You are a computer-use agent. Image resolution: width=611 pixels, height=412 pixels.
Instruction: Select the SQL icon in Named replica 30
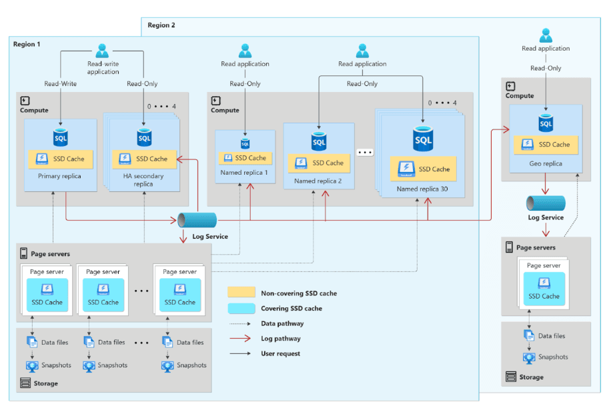[423, 140]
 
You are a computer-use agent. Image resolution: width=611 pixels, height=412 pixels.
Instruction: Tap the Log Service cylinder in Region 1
[197, 220]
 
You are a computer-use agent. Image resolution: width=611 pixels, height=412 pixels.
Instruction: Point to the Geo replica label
[546, 163]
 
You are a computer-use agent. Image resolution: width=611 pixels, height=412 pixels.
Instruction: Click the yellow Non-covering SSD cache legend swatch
[241, 292]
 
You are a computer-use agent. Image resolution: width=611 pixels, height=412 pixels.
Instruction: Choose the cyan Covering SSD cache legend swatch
[241, 309]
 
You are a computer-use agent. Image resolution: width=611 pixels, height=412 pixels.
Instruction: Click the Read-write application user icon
[102, 51]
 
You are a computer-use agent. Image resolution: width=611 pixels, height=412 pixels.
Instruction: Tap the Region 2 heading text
[161, 25]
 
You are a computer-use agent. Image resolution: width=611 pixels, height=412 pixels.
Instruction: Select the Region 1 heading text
[27, 44]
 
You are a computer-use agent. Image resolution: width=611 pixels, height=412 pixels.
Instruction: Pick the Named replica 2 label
[318, 181]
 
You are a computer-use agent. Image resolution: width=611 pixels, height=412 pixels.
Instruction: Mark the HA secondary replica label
[143, 181]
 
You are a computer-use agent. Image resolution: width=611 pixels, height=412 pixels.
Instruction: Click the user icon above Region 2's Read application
[546, 35]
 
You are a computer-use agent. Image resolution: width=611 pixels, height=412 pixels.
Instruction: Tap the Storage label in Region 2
[531, 377]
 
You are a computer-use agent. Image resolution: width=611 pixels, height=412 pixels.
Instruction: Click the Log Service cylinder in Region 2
[546, 203]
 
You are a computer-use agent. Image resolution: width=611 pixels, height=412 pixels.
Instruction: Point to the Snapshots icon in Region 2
[529, 357]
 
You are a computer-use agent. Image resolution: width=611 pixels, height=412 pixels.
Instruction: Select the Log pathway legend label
[281, 339]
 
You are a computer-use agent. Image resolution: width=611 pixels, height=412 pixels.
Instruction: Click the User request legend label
[281, 353]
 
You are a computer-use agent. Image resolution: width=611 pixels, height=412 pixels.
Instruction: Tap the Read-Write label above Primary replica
[59, 84]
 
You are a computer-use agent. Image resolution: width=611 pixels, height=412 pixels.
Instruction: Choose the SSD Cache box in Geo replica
[546, 145]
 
